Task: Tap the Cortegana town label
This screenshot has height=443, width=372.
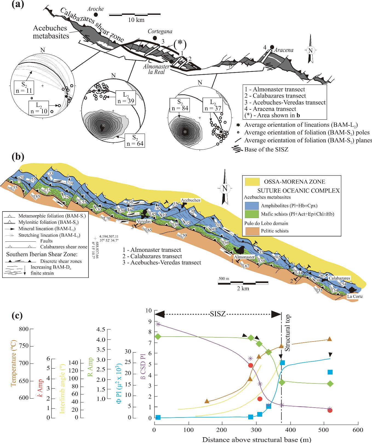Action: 160,31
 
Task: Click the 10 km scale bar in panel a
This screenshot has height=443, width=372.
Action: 135,15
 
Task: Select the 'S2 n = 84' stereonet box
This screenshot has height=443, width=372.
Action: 180,105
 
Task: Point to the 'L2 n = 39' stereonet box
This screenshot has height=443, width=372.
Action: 126,98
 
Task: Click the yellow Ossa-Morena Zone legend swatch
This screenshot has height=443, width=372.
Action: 252,182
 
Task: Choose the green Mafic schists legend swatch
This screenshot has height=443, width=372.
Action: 251,214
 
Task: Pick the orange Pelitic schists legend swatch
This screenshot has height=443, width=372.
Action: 251,231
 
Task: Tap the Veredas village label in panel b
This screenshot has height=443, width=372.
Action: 144,221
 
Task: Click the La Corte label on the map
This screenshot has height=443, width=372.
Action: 355,296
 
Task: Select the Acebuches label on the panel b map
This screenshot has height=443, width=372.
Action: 191,200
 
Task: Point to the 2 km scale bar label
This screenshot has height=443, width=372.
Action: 243,288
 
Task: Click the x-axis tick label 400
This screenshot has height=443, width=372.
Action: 290,430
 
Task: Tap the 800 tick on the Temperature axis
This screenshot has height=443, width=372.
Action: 24,329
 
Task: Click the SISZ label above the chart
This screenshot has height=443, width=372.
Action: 218,314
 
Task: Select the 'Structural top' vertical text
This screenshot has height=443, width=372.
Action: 287,333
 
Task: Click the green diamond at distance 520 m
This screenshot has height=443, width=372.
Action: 330,383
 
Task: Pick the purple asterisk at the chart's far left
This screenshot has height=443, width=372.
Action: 158,324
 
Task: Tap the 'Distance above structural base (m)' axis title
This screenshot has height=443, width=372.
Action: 257,439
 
